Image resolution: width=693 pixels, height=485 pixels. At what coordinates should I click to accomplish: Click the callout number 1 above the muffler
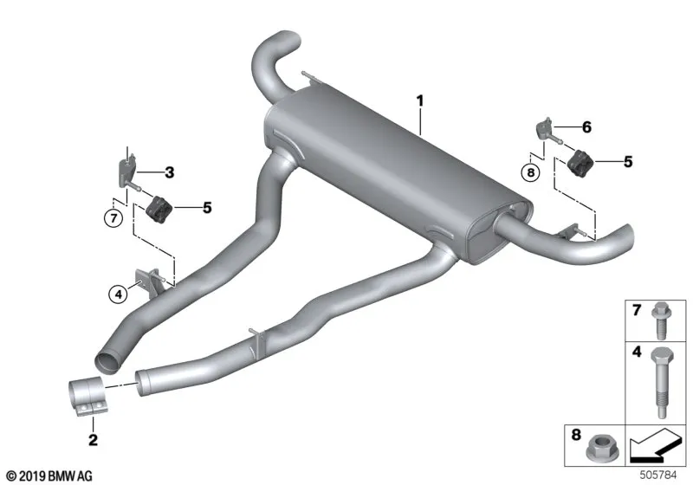click(420, 101)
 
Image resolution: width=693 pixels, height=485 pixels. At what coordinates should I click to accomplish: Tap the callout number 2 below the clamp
click(93, 440)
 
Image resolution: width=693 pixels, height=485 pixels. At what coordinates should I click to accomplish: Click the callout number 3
click(169, 172)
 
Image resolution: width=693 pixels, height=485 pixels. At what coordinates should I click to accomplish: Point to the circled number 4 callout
click(118, 294)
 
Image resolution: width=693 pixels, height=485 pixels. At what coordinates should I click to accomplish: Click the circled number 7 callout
click(113, 218)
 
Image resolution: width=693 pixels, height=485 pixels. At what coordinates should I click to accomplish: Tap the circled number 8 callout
click(530, 171)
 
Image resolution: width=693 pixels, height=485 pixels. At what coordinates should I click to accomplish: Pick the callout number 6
click(586, 127)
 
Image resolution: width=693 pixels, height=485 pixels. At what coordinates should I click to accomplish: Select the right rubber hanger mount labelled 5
click(579, 163)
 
